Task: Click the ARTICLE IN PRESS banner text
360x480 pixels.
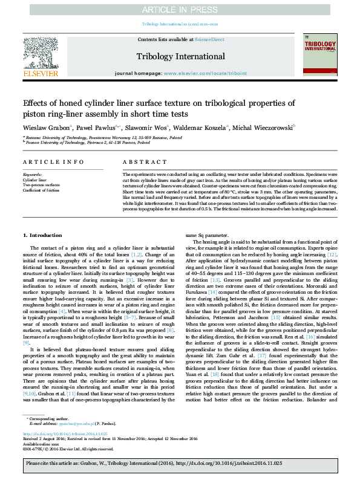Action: pyautogui.click(x=180, y=10)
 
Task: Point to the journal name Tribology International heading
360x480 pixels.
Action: pyautogui.click(x=180, y=56)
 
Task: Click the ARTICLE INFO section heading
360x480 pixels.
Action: pyautogui.click(x=45, y=163)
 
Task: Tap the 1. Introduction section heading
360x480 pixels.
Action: pyautogui.click(x=42, y=235)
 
